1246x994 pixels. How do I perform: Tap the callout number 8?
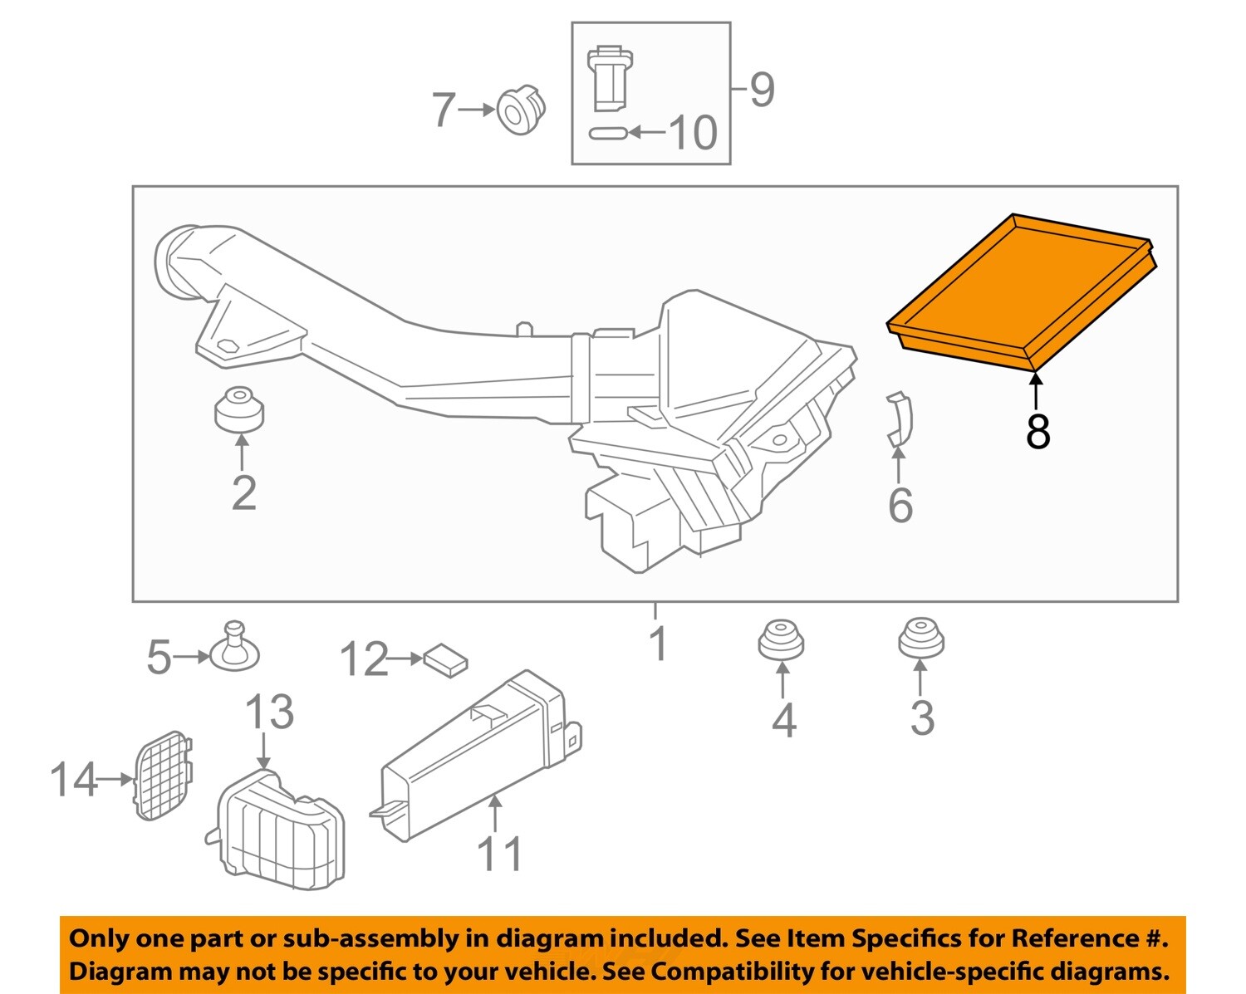[1038, 432]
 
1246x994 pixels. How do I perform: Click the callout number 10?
[693, 133]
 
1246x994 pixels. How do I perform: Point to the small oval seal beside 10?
[608, 133]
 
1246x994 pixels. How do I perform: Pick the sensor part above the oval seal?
[610, 79]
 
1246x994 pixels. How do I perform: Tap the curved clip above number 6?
[900, 420]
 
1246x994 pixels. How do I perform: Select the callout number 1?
[658, 644]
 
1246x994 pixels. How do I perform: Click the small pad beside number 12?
[445, 660]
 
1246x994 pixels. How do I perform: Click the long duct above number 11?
[478, 752]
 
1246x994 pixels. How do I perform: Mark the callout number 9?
[762, 90]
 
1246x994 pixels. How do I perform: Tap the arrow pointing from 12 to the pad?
[406, 659]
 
